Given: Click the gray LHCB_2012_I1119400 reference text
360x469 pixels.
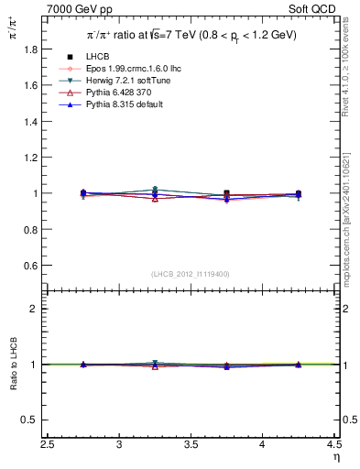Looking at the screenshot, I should (x=191, y=274).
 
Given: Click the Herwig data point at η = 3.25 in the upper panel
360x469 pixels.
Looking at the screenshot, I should (x=155, y=190).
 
